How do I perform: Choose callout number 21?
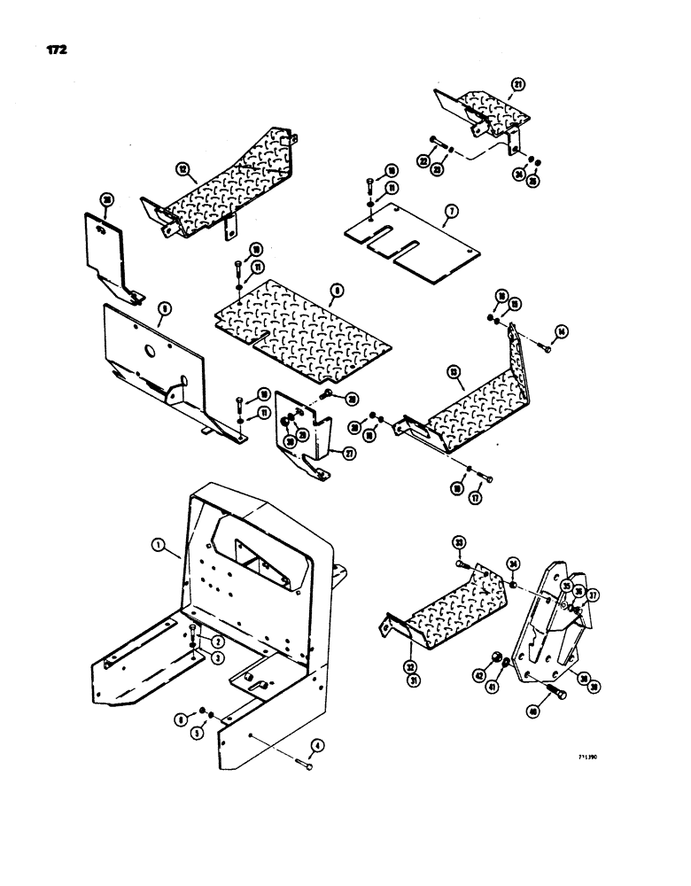point(517,85)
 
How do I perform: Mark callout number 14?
point(560,331)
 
